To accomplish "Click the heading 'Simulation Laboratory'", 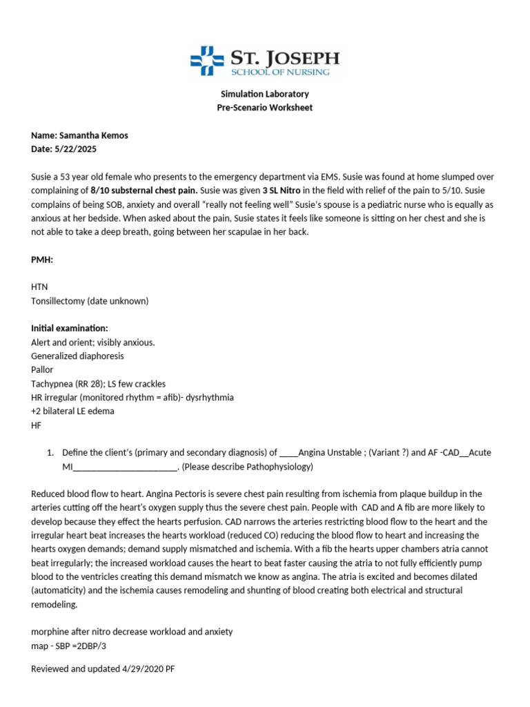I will tap(264, 94).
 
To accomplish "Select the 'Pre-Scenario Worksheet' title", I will tap(264, 108).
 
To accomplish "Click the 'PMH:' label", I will tap(42, 259).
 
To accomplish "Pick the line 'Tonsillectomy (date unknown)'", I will tap(90, 300).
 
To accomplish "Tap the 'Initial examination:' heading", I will tap(70, 328).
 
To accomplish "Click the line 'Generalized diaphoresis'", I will tap(77, 356).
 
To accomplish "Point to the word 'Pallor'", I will tap(42, 369).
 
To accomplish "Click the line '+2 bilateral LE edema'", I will tap(72, 411).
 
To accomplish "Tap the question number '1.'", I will tap(50, 452).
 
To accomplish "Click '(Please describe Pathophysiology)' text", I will tap(247, 467).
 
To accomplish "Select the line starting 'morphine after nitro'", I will tap(132, 631).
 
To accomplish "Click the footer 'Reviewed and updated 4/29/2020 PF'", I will tap(99, 668).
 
